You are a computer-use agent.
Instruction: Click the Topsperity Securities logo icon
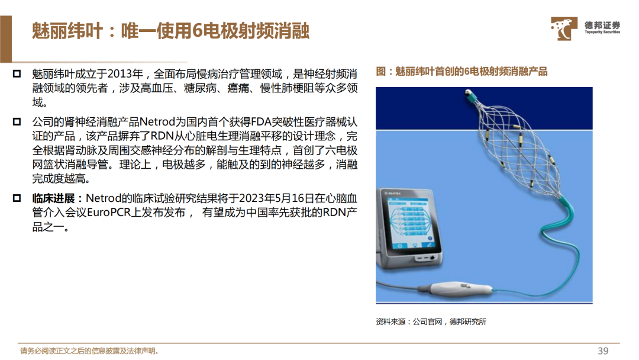(x=564, y=28)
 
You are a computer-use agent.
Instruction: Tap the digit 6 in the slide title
(x=197, y=31)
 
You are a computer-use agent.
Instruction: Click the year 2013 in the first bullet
(x=120, y=74)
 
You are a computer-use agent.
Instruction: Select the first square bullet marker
(x=17, y=74)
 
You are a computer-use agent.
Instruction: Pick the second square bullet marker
(x=17, y=121)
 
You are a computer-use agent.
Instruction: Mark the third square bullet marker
(x=17, y=198)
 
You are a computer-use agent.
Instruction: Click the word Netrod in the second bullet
(x=157, y=122)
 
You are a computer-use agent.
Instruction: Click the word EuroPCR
(x=109, y=213)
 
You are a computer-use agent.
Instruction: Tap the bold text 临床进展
(x=53, y=198)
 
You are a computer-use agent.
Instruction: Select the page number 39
(x=603, y=351)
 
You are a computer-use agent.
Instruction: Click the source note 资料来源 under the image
(x=390, y=322)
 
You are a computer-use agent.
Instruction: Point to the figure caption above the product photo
(x=461, y=72)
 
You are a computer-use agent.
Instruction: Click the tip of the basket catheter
(x=468, y=92)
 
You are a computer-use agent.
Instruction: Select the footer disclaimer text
(x=89, y=351)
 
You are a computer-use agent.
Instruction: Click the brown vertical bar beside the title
(x=6, y=38)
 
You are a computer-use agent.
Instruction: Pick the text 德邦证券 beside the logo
(x=602, y=25)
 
